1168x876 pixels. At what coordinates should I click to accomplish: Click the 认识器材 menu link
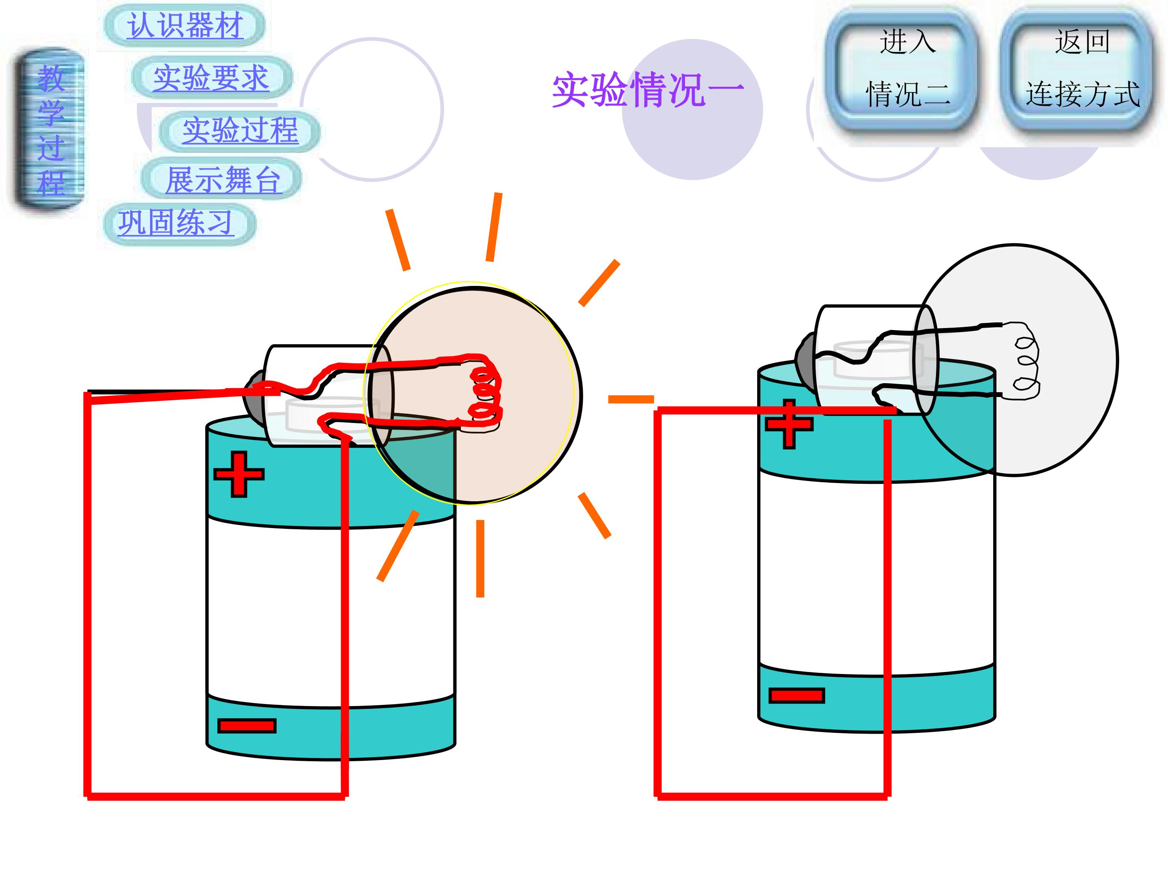(185, 25)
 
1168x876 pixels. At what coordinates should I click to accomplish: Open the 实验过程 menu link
(240, 130)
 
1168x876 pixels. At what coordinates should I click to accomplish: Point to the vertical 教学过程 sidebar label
(50, 130)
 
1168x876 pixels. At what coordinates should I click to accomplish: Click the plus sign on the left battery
(238, 474)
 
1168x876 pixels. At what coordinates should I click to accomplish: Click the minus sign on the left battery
(247, 726)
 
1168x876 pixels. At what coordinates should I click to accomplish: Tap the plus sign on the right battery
(789, 424)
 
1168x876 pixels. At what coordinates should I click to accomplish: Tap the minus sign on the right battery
(796, 696)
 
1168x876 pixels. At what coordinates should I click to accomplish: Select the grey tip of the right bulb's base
(806, 357)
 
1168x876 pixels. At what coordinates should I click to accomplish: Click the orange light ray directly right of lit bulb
(631, 399)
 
